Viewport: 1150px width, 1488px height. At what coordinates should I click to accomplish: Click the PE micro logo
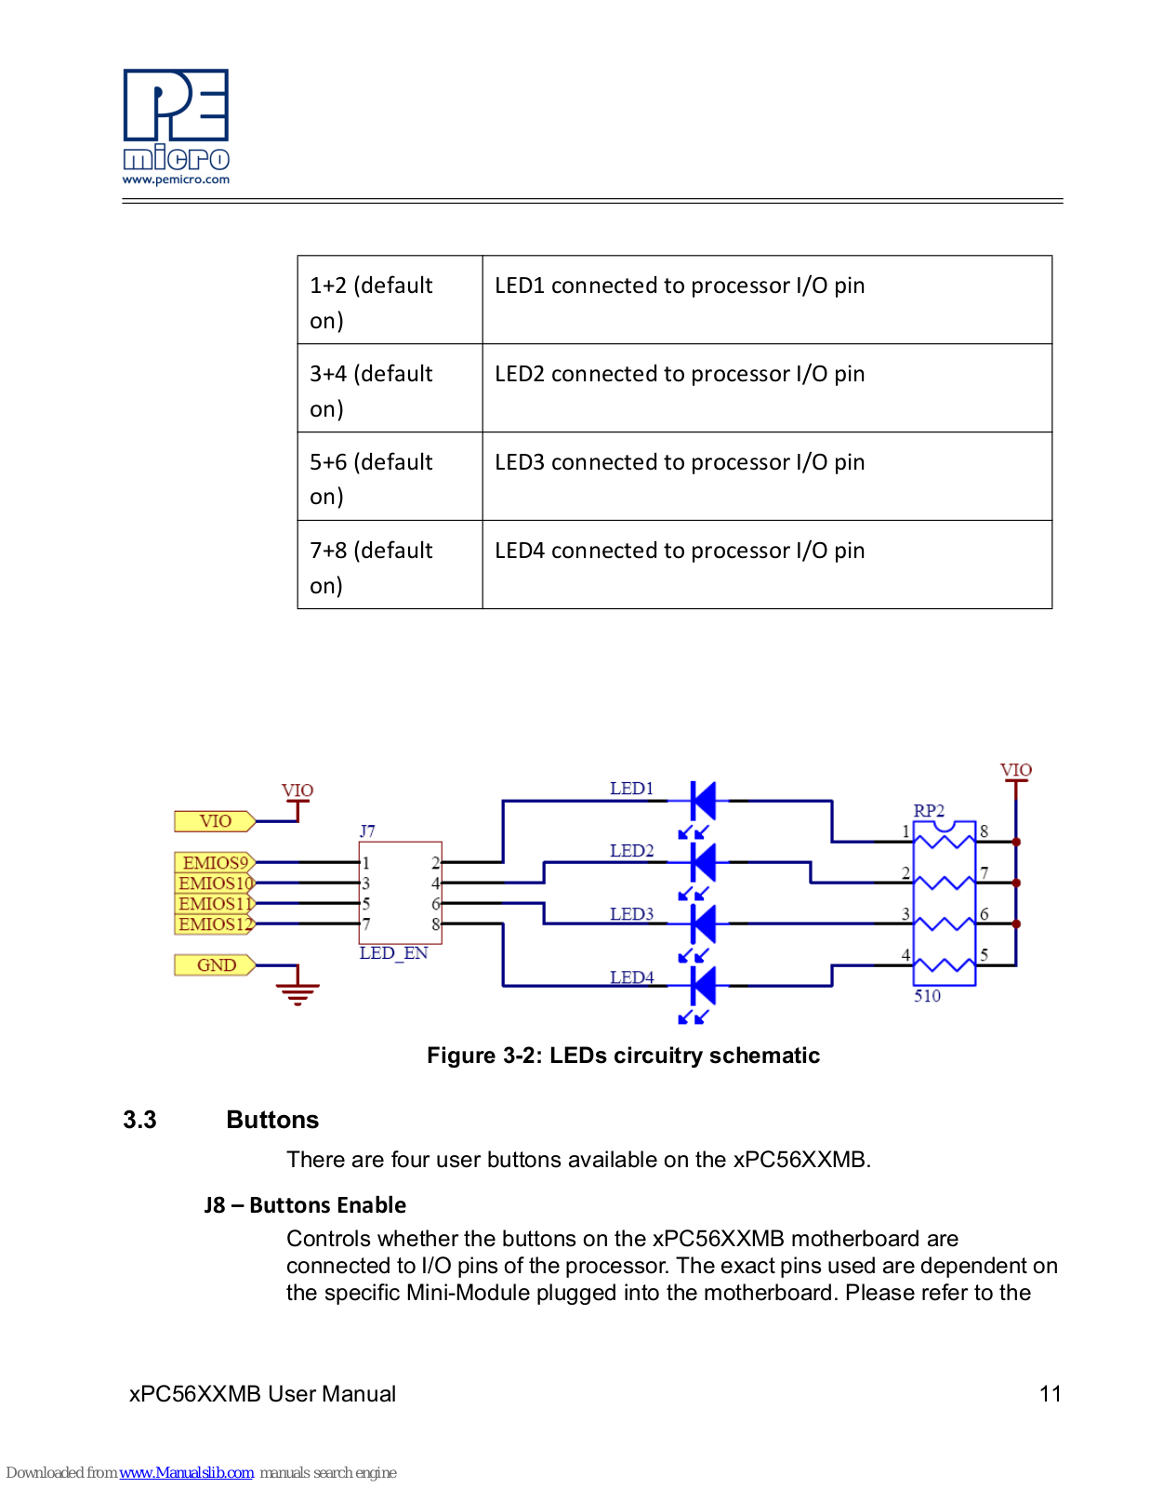pos(176,120)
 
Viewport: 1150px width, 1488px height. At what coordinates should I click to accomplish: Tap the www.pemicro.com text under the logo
pos(176,180)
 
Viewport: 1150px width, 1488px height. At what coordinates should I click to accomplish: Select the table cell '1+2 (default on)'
pos(390,300)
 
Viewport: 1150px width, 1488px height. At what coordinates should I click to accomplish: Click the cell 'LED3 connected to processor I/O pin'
pos(767,476)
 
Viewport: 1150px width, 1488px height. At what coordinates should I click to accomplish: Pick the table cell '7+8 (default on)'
pos(390,565)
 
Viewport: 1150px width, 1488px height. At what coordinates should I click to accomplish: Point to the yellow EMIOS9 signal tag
pos(215,862)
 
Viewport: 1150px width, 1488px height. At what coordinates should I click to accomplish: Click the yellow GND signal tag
pos(215,964)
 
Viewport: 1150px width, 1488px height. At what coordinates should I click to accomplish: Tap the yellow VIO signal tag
pos(215,821)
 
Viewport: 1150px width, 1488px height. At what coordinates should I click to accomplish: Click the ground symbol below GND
pos(297,993)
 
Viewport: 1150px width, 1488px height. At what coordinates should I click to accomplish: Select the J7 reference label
pos(367,831)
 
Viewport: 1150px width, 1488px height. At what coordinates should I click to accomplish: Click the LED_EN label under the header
pos(393,953)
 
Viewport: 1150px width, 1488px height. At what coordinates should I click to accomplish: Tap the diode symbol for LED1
pos(703,801)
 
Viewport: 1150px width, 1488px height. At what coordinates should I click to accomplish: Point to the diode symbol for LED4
pos(703,986)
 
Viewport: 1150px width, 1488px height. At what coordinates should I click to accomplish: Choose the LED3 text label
pos(632,914)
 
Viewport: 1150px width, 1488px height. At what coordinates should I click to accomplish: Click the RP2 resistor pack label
pos(929,811)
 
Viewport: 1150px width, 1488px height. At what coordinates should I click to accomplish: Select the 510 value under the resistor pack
pos(928,996)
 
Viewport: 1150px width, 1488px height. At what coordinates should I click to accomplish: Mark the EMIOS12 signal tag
pos(215,923)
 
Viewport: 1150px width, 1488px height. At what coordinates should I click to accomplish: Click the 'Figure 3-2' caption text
pos(623,1056)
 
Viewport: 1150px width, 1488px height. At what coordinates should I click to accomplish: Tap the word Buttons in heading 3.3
pos(272,1120)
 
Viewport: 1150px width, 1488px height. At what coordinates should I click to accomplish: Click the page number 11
pos(1050,1393)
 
